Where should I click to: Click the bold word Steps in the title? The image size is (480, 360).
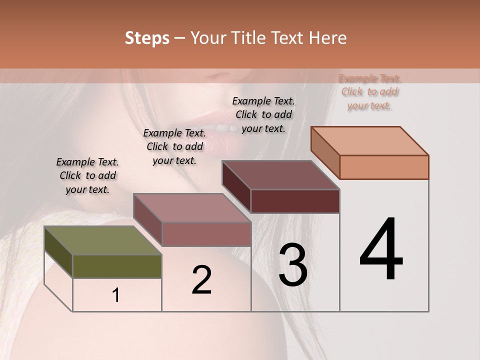click(147, 38)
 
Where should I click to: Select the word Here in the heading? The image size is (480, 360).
click(328, 38)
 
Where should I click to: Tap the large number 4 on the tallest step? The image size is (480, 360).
click(381, 250)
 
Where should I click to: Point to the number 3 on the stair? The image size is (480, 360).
click(293, 265)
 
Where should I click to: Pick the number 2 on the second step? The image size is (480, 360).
click(201, 280)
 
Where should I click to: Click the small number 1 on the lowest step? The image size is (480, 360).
click(116, 295)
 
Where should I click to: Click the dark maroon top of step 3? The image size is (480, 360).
click(280, 175)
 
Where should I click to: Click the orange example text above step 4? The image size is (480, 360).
click(369, 92)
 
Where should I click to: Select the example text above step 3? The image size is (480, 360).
click(263, 114)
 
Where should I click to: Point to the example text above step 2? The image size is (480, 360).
click(174, 146)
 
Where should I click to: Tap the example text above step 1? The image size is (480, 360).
click(87, 175)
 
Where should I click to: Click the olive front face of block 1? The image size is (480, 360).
click(117, 266)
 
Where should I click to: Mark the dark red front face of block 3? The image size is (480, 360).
click(295, 201)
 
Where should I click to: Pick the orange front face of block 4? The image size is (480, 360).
click(384, 167)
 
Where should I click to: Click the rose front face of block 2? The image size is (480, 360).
click(206, 234)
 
